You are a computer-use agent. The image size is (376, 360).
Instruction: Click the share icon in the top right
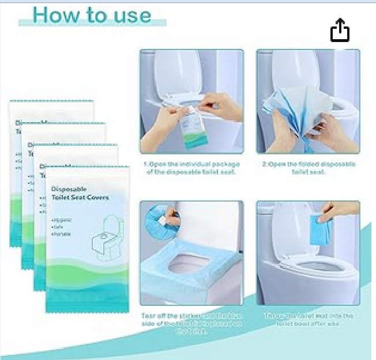coord(340,31)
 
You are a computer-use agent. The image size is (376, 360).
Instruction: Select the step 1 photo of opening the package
coord(191,101)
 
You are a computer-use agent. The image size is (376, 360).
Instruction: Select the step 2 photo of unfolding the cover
coord(308,101)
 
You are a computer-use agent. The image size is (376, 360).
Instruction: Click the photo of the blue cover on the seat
coord(191,252)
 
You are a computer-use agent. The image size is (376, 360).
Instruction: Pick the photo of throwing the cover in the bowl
coord(308,252)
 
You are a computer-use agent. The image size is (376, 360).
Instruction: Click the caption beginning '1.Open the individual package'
coord(191,168)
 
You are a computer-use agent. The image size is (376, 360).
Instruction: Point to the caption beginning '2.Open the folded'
coord(309,168)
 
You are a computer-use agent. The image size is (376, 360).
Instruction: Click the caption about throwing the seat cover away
coord(309,320)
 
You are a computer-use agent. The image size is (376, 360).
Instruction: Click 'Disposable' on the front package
coord(69,189)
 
